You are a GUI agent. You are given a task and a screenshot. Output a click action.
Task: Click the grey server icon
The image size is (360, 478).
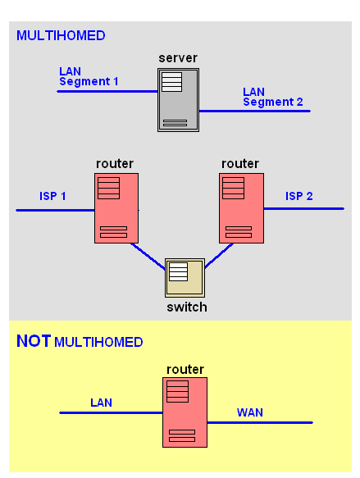(x=178, y=100)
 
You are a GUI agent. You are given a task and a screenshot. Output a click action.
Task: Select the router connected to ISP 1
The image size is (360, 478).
(x=116, y=208)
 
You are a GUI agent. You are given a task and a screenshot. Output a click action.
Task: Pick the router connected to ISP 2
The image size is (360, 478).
(x=241, y=208)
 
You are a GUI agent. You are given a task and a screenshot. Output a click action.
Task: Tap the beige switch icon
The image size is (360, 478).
(x=185, y=278)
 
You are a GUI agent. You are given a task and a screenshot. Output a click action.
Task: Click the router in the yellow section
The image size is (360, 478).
(x=185, y=412)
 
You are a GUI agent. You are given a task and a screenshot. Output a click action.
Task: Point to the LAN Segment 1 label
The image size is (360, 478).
(x=89, y=76)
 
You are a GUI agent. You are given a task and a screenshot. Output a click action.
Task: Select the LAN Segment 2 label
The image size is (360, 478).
(x=273, y=97)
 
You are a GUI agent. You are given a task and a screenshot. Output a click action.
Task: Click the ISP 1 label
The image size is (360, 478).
(x=52, y=196)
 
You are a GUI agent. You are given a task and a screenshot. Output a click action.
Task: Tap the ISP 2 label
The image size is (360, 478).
(x=299, y=196)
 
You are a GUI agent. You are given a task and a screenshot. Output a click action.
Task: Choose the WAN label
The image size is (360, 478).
(x=250, y=412)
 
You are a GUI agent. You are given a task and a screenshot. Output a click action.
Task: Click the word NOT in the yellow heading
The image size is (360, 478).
(x=34, y=341)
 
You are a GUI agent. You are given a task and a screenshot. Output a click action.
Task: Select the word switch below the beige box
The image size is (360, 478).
(x=187, y=307)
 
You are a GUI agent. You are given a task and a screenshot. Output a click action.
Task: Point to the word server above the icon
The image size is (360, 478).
(x=178, y=58)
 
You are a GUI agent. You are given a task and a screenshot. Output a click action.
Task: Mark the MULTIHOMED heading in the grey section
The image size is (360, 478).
(x=61, y=36)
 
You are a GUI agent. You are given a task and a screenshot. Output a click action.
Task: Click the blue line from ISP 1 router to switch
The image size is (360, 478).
(x=148, y=257)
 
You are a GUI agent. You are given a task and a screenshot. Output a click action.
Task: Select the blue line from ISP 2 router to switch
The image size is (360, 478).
(x=219, y=256)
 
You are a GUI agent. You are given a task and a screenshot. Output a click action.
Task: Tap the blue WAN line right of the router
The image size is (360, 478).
(x=260, y=422)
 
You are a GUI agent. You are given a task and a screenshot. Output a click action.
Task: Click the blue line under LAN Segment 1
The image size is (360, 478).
(x=107, y=91)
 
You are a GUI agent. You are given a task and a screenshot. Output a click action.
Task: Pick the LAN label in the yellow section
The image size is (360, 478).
(x=101, y=403)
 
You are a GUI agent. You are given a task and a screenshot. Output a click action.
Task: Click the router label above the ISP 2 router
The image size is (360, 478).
(x=240, y=164)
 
